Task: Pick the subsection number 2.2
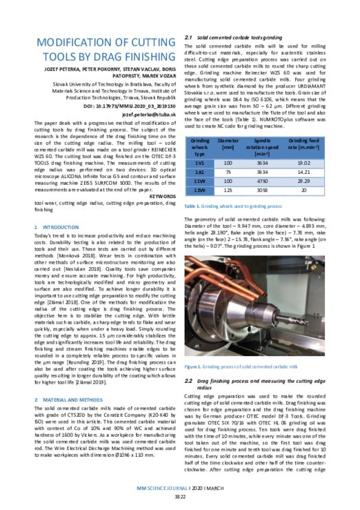pyautogui.click(x=190, y=380)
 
